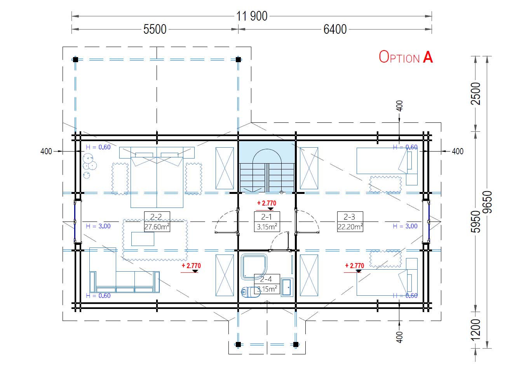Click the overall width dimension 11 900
coord(252,16)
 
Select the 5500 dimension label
coord(155,29)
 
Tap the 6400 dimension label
coord(335,29)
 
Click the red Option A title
coord(406,57)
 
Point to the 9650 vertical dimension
coord(487,202)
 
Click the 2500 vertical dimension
coord(476,94)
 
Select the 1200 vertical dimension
coord(476,330)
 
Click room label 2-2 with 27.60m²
coord(157,222)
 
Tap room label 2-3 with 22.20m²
coord(350,222)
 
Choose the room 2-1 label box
coord(267,222)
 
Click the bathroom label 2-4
coord(267,284)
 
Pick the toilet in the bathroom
coord(250,292)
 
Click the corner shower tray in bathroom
coord(254,267)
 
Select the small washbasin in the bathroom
coord(287,287)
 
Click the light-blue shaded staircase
coord(267,167)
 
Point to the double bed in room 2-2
coord(157,177)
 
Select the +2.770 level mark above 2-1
coord(266,205)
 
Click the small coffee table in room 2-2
coord(143,239)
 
